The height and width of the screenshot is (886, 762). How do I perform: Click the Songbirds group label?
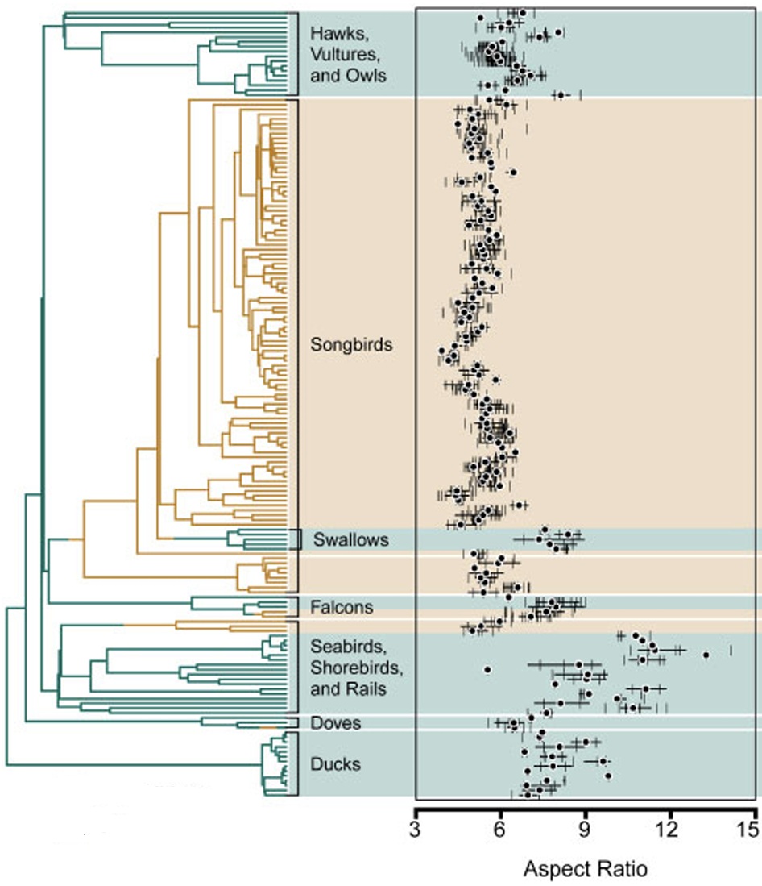[x=351, y=344]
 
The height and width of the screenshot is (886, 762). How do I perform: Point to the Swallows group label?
[x=351, y=539]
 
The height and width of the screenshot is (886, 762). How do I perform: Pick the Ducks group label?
[x=336, y=763]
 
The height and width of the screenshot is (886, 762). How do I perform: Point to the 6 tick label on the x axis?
[x=500, y=830]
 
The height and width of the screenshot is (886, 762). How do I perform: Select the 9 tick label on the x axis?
[x=586, y=830]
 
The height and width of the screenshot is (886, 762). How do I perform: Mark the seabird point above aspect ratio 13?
[x=706, y=655]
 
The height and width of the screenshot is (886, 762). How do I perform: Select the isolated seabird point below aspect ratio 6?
[x=487, y=669]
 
